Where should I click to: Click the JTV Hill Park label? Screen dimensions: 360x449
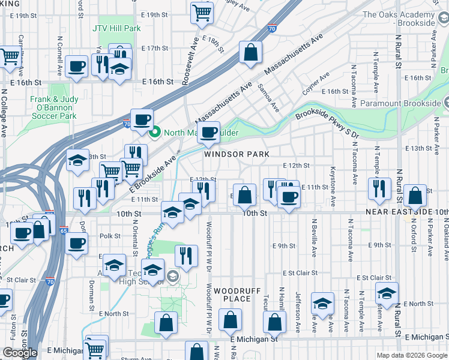point(116,28)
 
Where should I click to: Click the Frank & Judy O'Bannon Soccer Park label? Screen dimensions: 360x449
point(54,107)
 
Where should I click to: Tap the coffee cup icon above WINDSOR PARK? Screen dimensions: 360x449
point(208,132)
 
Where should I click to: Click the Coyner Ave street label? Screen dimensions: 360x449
point(316,84)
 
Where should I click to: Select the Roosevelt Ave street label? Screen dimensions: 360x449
point(194,45)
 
